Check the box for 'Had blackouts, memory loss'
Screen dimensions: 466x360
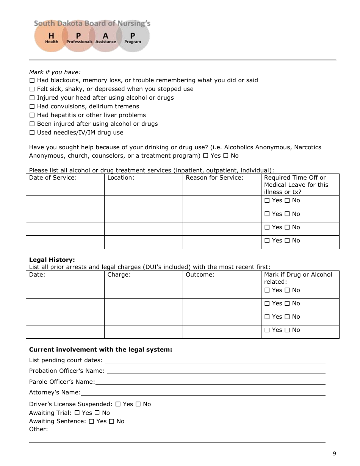[x=32, y=80]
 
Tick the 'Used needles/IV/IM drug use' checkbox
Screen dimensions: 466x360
[x=32, y=133]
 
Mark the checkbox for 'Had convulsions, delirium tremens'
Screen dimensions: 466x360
[x=32, y=106]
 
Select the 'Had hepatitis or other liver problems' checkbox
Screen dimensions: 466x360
[x=32, y=115]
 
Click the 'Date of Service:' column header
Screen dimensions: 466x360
[x=53, y=178]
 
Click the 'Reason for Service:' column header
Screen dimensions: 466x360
[x=214, y=178]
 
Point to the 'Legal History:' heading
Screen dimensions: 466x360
[x=52, y=260]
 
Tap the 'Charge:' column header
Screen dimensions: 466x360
[x=119, y=275]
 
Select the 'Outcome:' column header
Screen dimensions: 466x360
[x=200, y=275]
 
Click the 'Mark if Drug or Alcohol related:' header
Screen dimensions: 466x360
[x=298, y=278]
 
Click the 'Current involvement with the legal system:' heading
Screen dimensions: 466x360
[x=100, y=350]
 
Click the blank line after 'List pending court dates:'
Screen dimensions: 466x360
[x=215, y=361]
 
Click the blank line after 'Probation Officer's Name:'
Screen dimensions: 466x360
[x=216, y=371]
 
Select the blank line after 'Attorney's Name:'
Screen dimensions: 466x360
[x=203, y=393]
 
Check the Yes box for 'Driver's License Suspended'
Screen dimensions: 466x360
[x=118, y=404]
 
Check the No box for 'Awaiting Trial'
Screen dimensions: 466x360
[x=97, y=413]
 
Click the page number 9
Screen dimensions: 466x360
[x=334, y=454]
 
